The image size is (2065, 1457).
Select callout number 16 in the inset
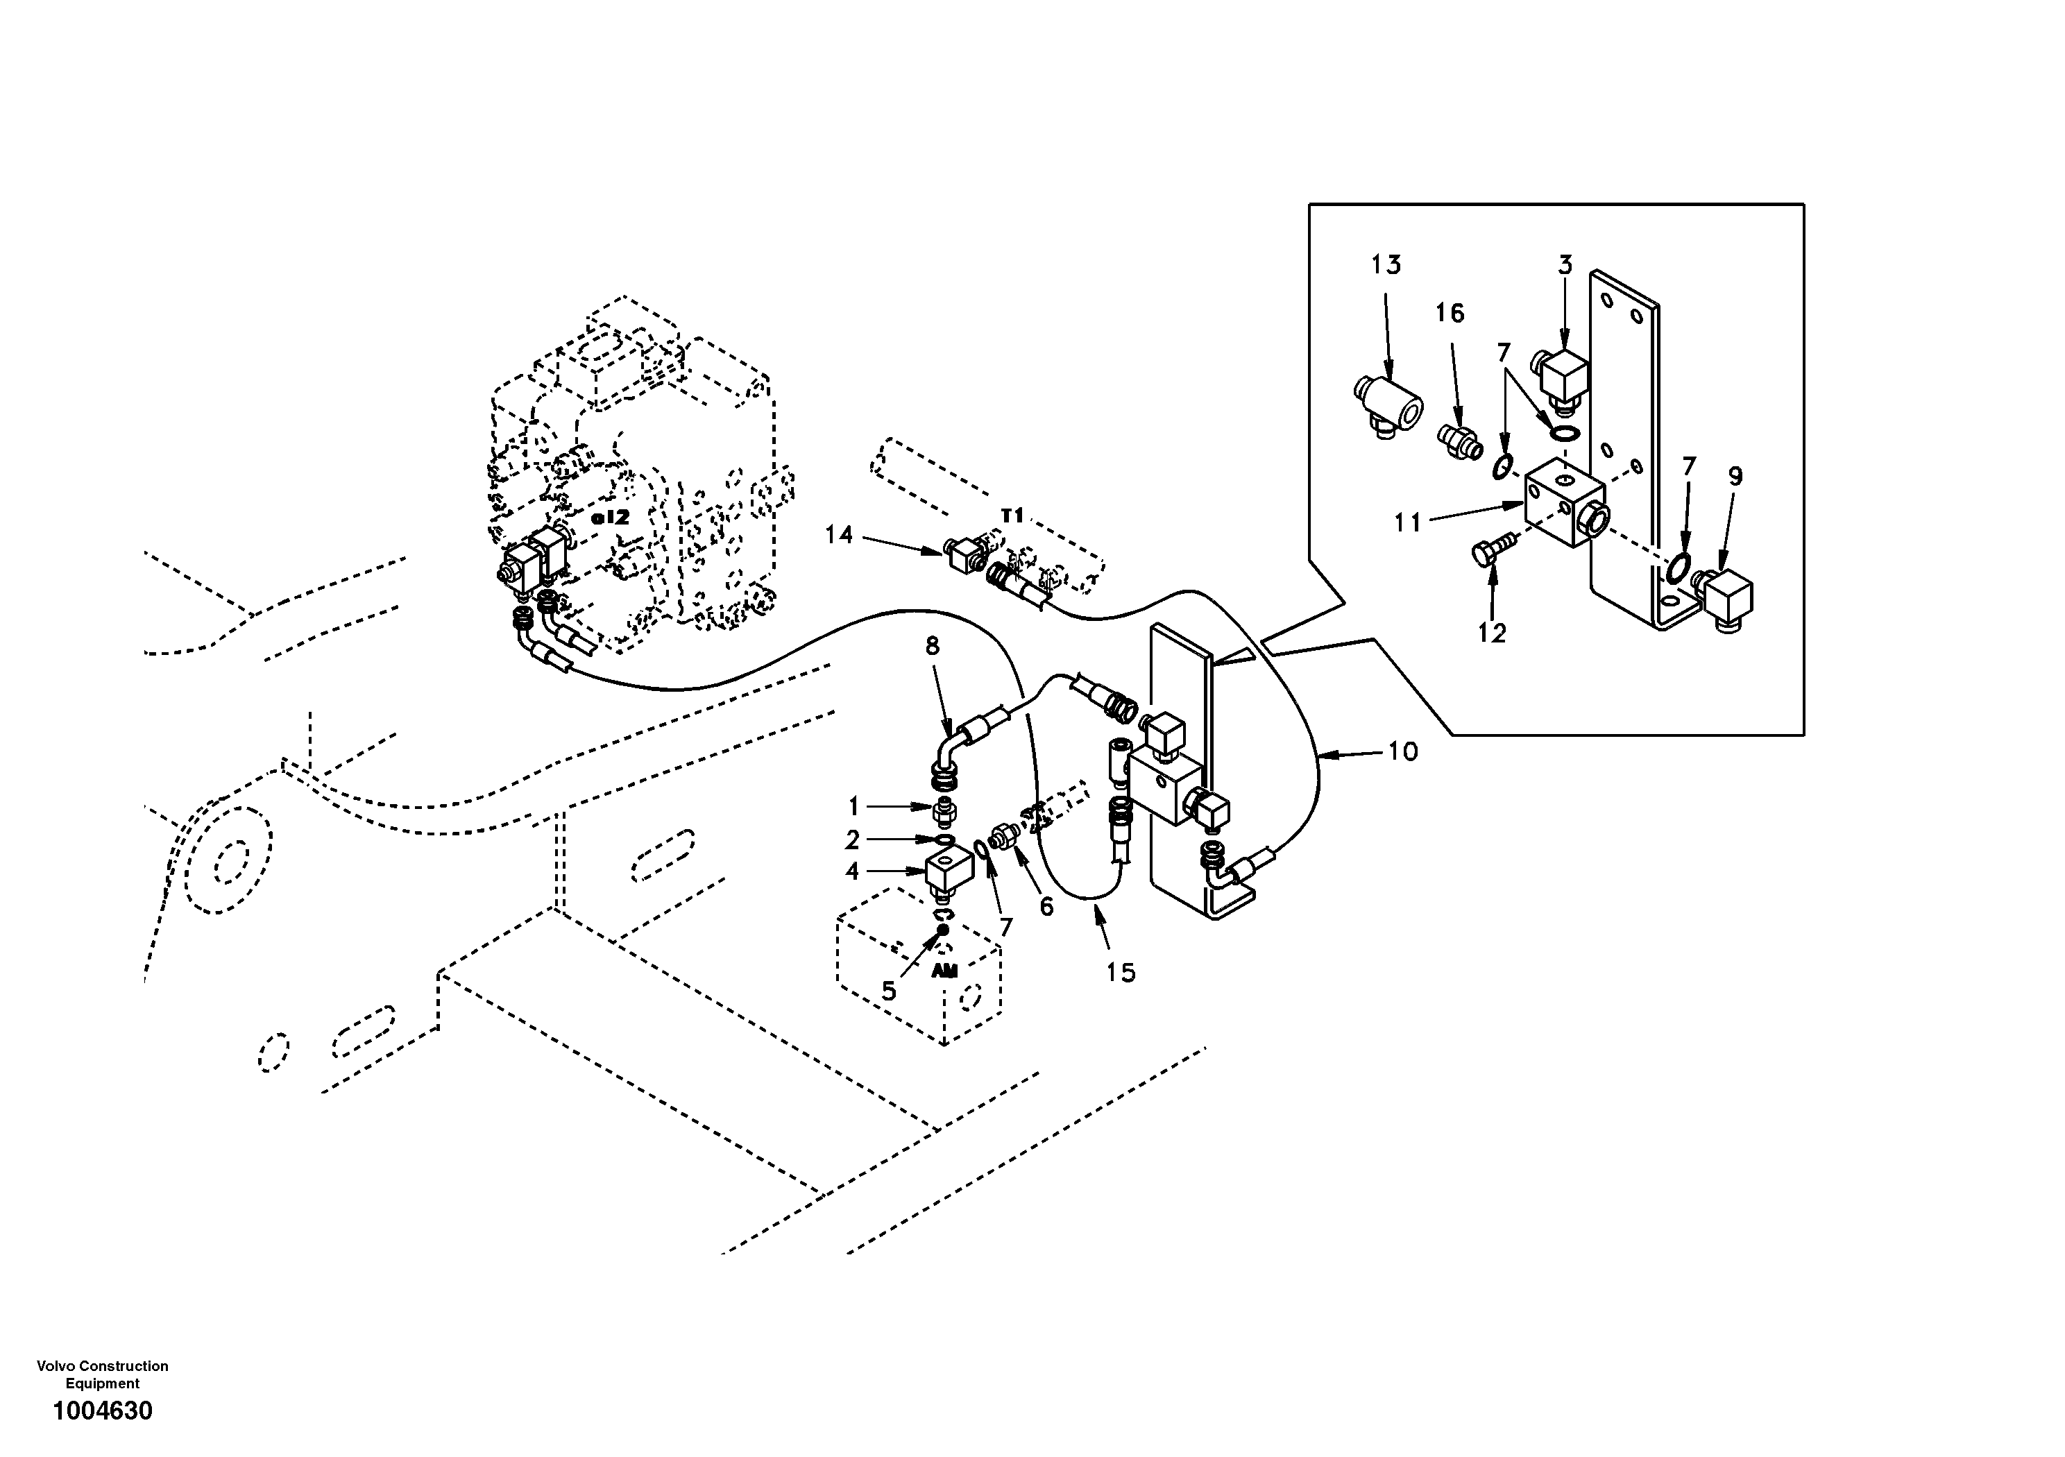pos(1450,313)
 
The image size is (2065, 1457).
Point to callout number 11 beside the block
pos(1408,522)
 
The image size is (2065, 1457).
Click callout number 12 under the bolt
pos(1491,633)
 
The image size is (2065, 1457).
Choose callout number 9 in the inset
pos(1735,476)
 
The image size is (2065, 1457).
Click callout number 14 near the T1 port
pos(838,535)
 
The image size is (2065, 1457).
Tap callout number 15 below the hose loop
pos(1121,972)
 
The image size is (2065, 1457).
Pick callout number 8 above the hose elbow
pos(932,646)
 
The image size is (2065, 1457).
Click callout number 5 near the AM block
pos(889,991)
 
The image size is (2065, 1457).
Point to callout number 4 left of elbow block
pos(851,871)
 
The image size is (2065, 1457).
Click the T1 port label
pos(1012,516)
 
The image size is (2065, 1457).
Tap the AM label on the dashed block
pos(944,971)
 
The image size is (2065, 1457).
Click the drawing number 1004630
pos(103,1411)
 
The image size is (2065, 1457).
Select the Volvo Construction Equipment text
pos(103,1374)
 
